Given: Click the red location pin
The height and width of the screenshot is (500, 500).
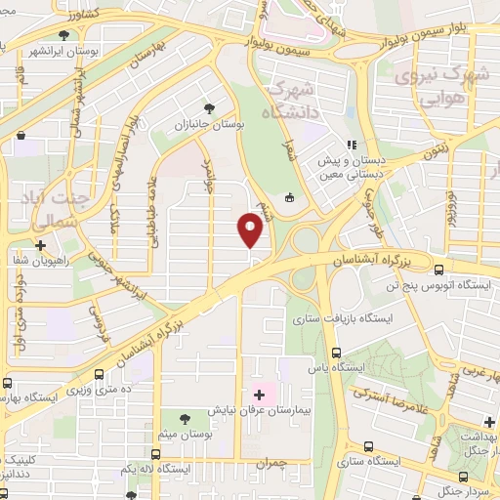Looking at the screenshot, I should pos(252,231).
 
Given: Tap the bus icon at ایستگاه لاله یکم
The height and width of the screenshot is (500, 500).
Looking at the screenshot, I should pos(156,454).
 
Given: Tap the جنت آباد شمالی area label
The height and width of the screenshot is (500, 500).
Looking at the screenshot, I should pos(53,210).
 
